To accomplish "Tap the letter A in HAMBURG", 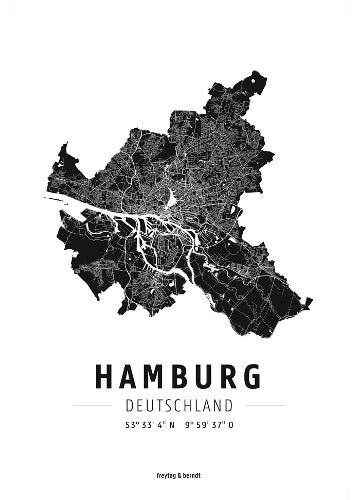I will tap(131, 376).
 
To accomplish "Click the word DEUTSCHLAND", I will tap(180, 405).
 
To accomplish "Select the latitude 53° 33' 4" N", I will tap(146, 427).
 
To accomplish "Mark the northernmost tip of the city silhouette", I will tap(260, 74).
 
